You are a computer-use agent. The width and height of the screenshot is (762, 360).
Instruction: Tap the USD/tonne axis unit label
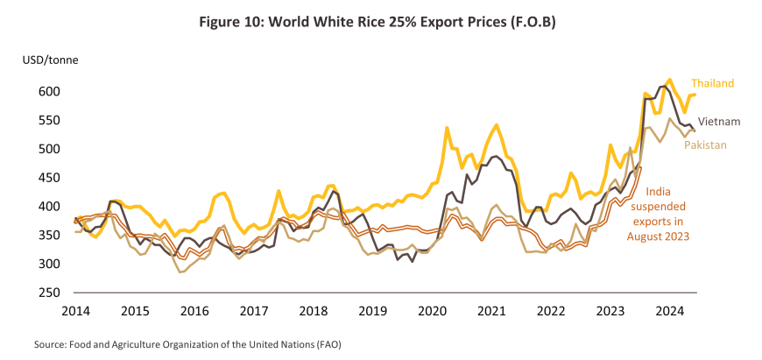[x=47, y=61]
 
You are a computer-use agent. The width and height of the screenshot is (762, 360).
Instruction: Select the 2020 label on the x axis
[x=432, y=309]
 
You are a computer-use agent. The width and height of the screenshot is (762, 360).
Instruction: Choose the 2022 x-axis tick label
[x=551, y=309]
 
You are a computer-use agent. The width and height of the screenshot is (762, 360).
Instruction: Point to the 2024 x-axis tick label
[x=670, y=309]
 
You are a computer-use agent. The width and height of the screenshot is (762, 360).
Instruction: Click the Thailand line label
[x=711, y=83]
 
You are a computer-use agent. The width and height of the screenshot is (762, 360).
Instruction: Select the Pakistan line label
[x=705, y=145]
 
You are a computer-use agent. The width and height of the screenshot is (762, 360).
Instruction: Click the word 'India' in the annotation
[x=659, y=192]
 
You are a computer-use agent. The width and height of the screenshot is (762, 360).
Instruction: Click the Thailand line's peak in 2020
[x=447, y=128]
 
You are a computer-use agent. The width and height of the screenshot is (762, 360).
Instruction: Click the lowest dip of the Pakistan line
[x=180, y=272]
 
